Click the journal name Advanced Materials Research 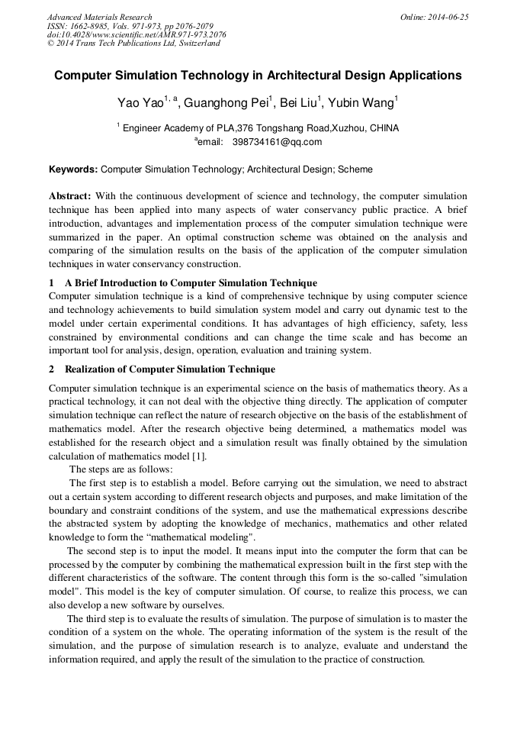coord(99,17)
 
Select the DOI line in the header coord(136,34)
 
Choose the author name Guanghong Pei coord(226,102)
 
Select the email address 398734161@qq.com coord(277,141)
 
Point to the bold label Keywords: coord(73,169)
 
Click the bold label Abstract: coord(69,196)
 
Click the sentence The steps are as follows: coord(121,469)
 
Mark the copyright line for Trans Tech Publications coord(133,44)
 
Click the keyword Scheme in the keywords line coord(355,169)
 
